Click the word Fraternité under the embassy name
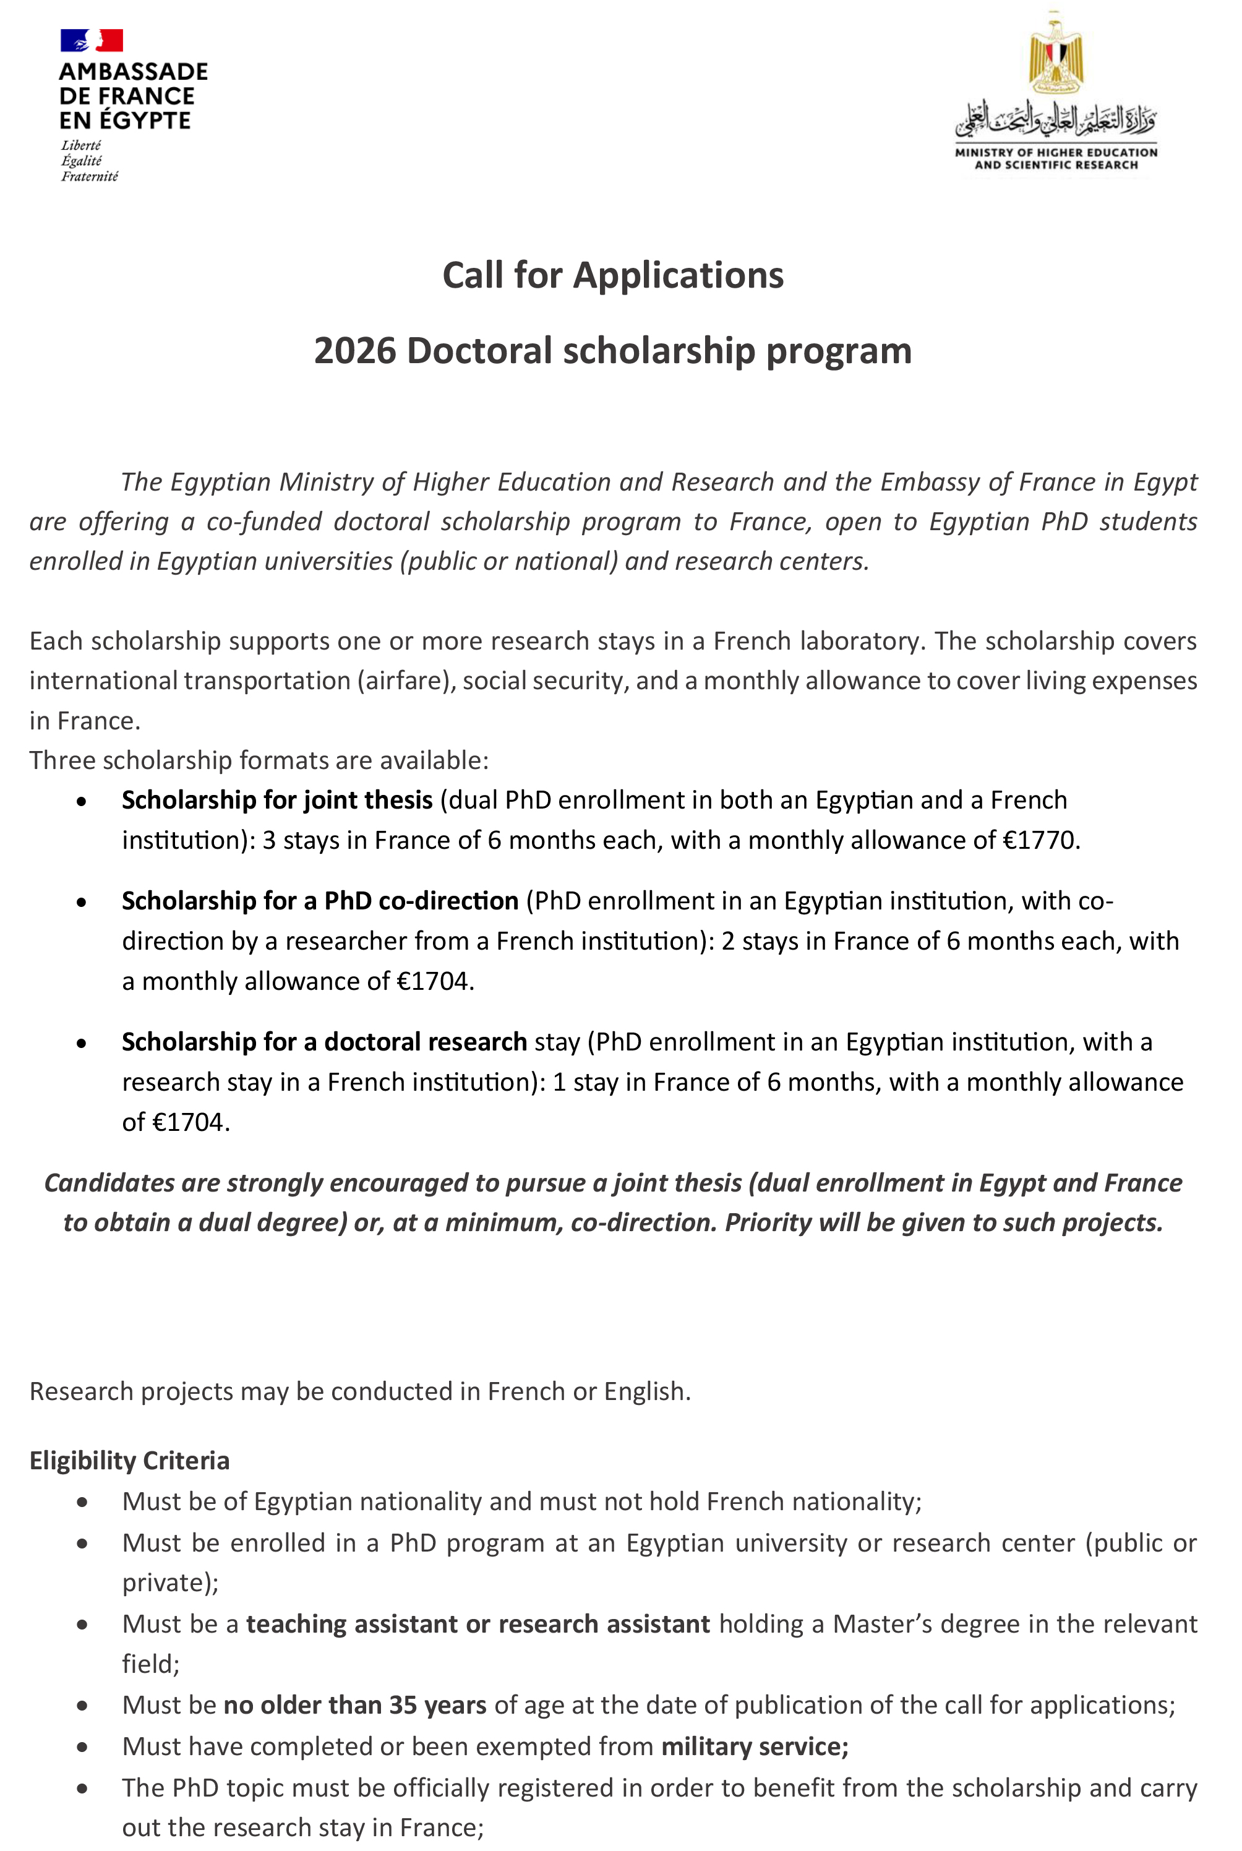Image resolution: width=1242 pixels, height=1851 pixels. tap(90, 177)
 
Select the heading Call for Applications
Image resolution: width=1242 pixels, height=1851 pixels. tap(612, 276)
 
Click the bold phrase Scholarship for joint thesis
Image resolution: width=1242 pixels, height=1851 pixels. tap(277, 800)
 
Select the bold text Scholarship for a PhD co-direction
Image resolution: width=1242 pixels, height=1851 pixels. tap(320, 901)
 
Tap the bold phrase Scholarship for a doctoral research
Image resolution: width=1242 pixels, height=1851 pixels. tap(324, 1042)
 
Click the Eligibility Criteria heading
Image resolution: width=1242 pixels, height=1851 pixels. tap(129, 1460)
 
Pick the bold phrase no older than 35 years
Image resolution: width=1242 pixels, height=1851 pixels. tap(355, 1704)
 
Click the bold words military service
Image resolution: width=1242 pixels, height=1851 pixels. tap(754, 1746)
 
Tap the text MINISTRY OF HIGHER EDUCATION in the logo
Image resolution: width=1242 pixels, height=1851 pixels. tap(1056, 152)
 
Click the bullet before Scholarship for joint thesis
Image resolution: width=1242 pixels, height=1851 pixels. tap(82, 802)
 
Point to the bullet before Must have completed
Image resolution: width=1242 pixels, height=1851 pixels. tap(82, 1746)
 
